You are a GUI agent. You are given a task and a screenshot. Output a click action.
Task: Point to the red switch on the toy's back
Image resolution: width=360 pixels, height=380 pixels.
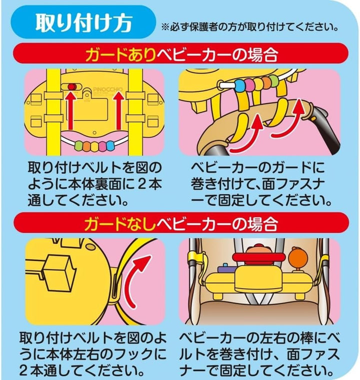click(71, 86)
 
